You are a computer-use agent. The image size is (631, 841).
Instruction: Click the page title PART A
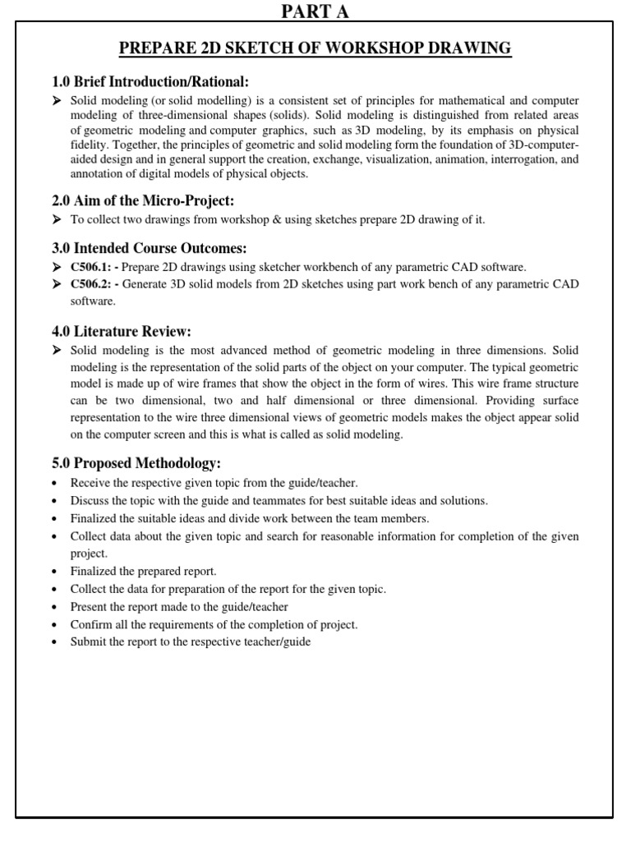(x=315, y=11)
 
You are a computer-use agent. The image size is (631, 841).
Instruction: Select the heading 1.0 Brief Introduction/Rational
(x=150, y=81)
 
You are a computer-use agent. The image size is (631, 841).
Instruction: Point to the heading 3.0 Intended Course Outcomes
(x=149, y=248)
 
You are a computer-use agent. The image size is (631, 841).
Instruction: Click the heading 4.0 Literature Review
(x=121, y=331)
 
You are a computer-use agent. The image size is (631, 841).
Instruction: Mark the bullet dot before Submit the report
(x=54, y=642)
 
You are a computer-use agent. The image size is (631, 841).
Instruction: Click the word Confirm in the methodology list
(x=91, y=624)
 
